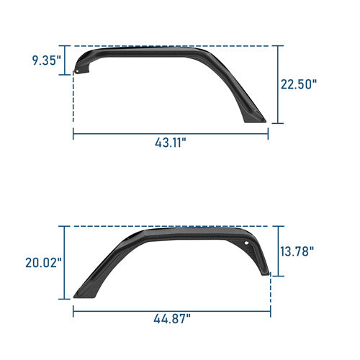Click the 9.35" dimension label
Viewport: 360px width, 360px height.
(x=47, y=60)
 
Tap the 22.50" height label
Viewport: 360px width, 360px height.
(x=299, y=84)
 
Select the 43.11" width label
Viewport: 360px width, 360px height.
(x=170, y=143)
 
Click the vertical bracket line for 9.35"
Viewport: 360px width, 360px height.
(x=73, y=60)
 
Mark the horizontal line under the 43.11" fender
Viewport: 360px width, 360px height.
(x=170, y=131)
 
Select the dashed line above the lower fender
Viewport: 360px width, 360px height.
(x=173, y=225)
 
